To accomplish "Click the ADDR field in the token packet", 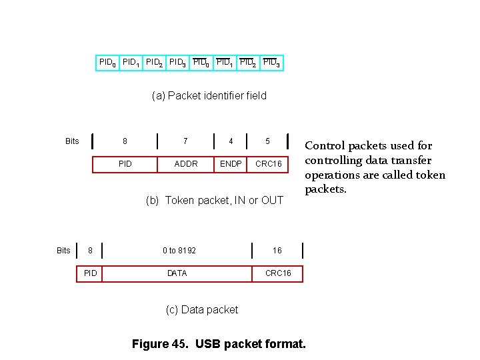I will tap(186, 163).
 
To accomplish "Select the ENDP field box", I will tap(231, 163).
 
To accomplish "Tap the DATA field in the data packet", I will tap(177, 273).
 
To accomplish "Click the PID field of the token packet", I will tap(125, 163).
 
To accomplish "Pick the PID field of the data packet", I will tap(90, 273).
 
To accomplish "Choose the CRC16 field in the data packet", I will tap(277, 273).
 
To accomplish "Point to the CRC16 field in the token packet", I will tap(268, 163).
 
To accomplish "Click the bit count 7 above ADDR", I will tap(186, 141).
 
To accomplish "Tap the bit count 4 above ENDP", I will tap(231, 141).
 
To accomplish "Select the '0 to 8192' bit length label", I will tap(179, 251).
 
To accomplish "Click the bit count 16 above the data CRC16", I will tap(277, 251).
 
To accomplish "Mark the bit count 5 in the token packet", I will tap(268, 141).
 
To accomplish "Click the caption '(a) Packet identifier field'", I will tap(209, 95).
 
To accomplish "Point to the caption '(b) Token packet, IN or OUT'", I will tap(215, 200).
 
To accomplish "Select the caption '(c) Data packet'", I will tap(201, 309).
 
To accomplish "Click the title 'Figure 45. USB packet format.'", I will tap(219, 344).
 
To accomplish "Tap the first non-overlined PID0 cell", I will tap(107, 63).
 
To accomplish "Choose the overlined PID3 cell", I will tap(271, 63).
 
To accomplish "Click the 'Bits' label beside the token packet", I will tap(72, 141).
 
